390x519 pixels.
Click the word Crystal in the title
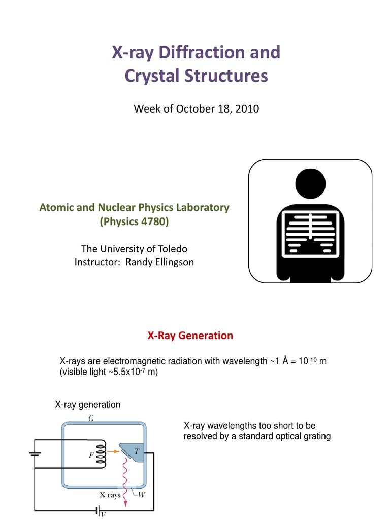pyautogui.click(x=150, y=76)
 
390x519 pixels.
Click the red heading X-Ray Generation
pyautogui.click(x=190, y=336)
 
